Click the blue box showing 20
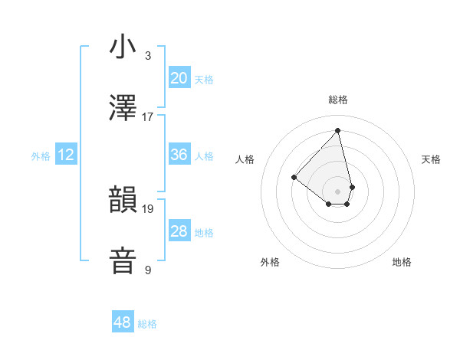tap(179, 78)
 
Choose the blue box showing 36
tap(179, 155)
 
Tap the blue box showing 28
tap(179, 231)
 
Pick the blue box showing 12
tap(66, 155)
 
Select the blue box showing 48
tap(123, 323)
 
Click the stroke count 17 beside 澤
tap(148, 117)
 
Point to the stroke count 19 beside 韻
tap(148, 208)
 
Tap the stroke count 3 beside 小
tap(148, 56)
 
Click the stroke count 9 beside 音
tap(148, 270)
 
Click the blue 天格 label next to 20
tap(203, 79)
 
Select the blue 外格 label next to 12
tap(41, 156)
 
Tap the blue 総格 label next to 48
tap(147, 324)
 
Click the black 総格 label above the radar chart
tap(337, 100)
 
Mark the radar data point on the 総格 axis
tap(337, 131)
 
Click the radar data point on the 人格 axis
tap(294, 177)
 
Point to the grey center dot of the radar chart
tap(337, 191)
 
